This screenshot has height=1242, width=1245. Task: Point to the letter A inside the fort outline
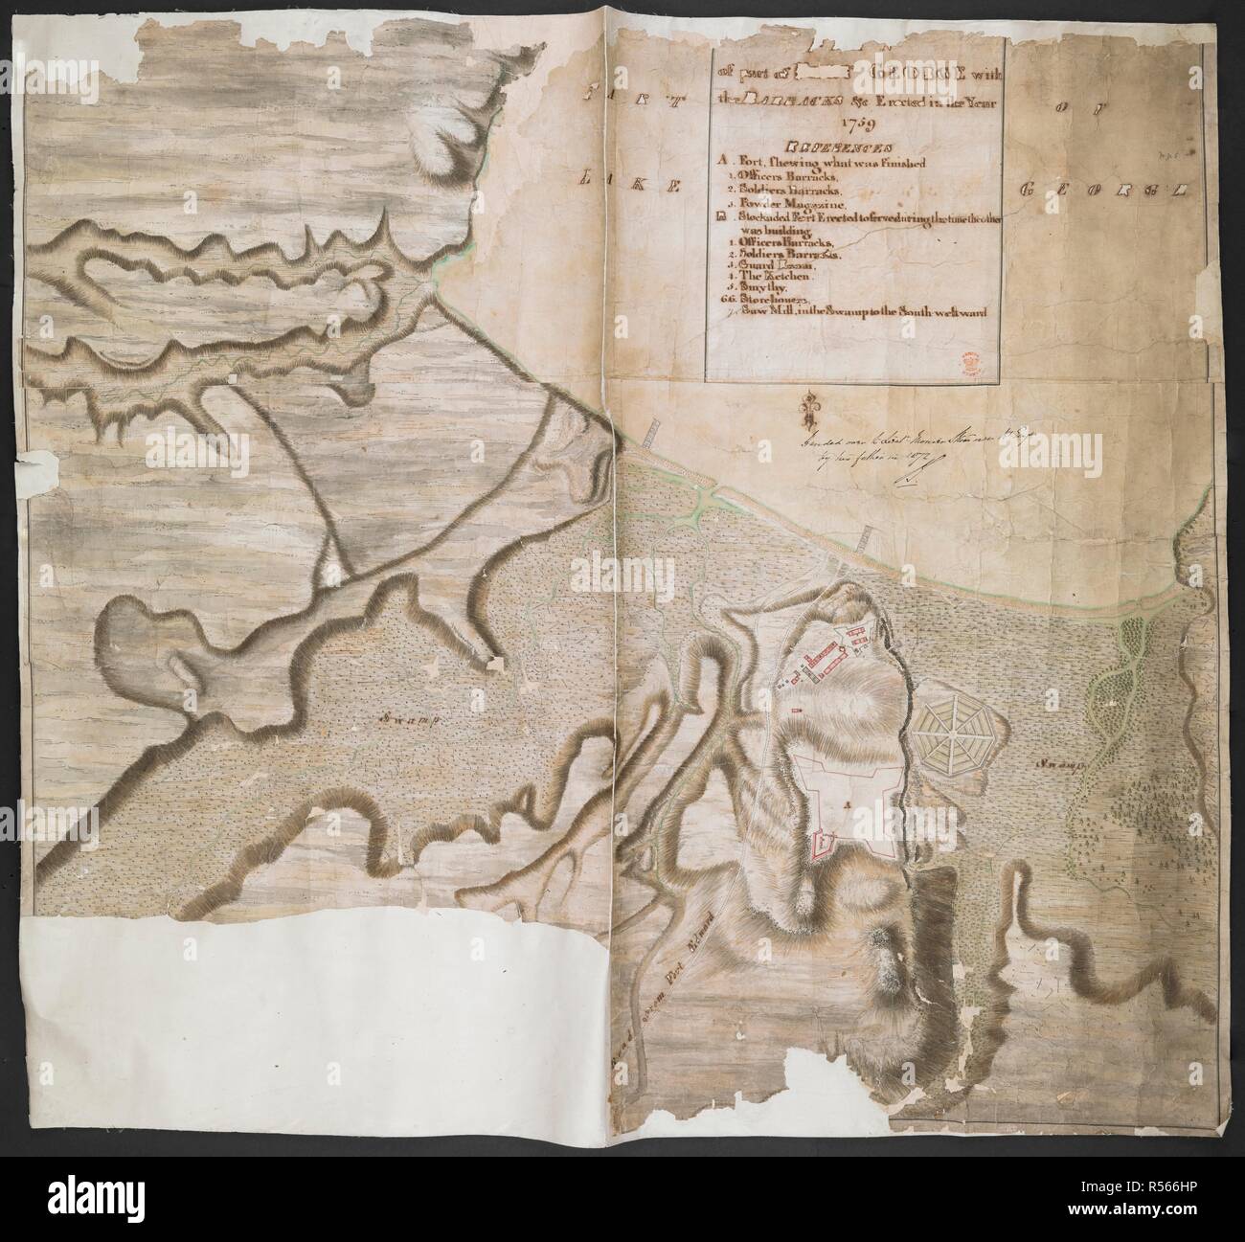846,804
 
